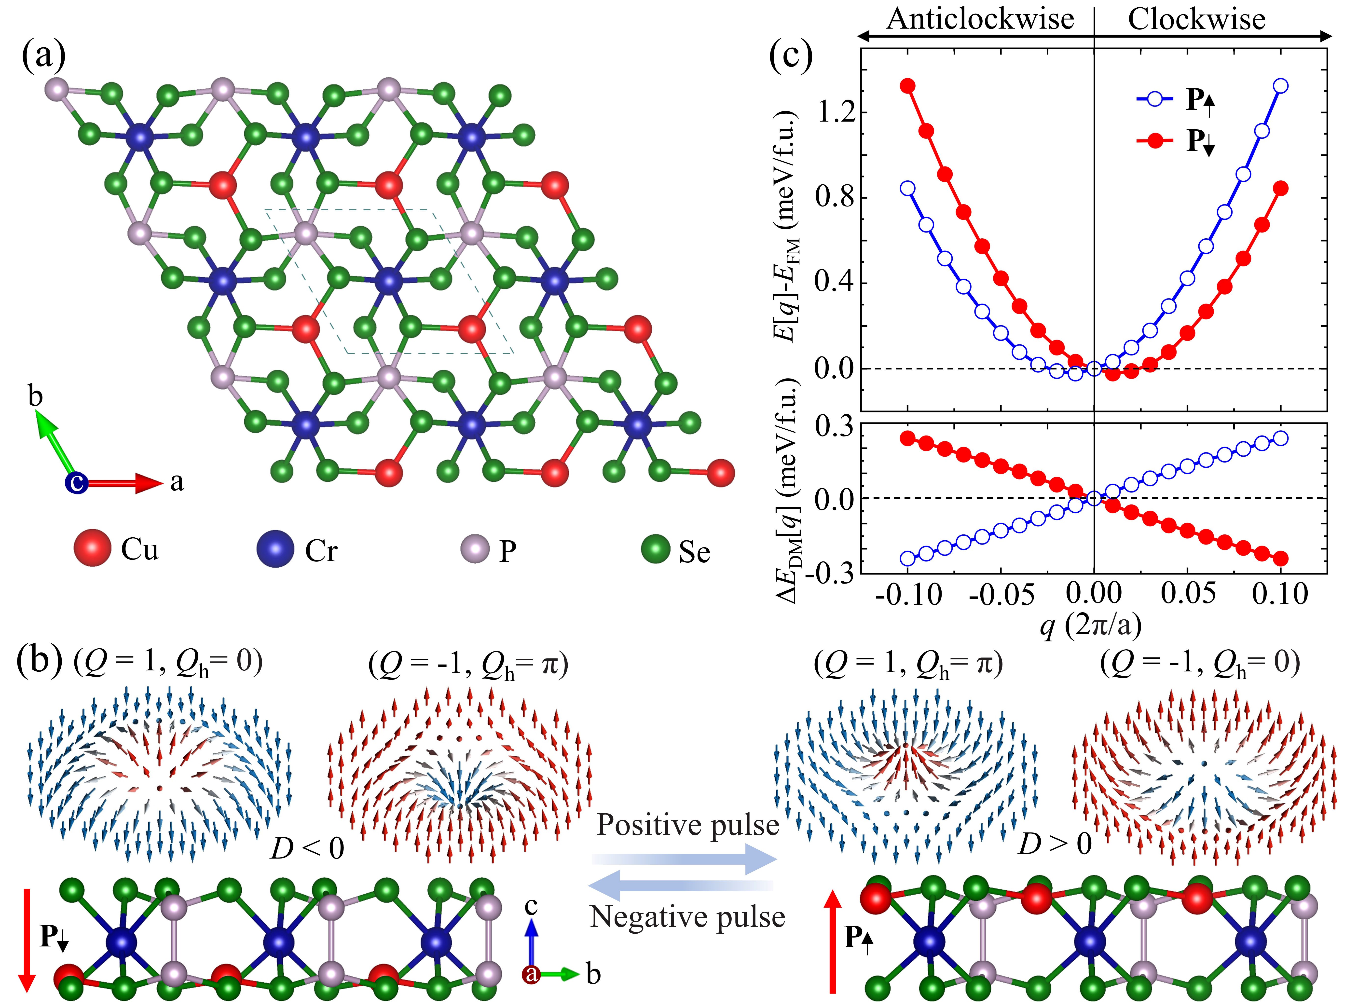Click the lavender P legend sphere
(475, 548)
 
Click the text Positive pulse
(687, 825)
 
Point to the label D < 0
(307, 848)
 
